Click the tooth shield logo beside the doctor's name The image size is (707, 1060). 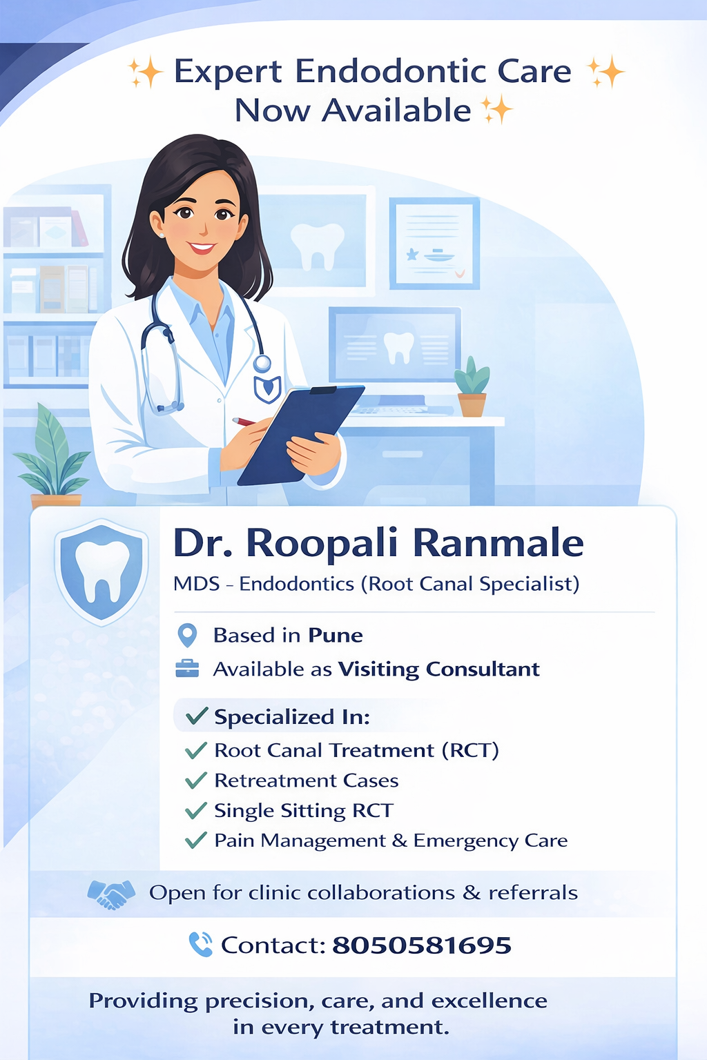(101, 572)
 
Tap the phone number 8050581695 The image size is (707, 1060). (421, 945)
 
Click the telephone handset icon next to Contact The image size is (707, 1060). (200, 944)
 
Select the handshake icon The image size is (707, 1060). (110, 894)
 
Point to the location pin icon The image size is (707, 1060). (187, 635)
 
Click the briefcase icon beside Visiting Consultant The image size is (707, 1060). (187, 668)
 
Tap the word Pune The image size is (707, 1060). (335, 635)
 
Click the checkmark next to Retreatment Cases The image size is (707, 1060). (196, 781)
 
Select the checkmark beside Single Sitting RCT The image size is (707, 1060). (196, 810)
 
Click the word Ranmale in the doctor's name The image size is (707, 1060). (498, 543)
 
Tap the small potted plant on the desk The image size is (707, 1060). (472, 386)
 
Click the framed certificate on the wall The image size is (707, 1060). (434, 243)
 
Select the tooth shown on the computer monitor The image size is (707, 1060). (398, 347)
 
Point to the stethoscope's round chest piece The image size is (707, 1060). (262, 363)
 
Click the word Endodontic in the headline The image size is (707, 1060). (391, 72)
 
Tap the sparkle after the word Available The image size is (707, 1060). (497, 110)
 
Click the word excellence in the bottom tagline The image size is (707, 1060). (489, 1001)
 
